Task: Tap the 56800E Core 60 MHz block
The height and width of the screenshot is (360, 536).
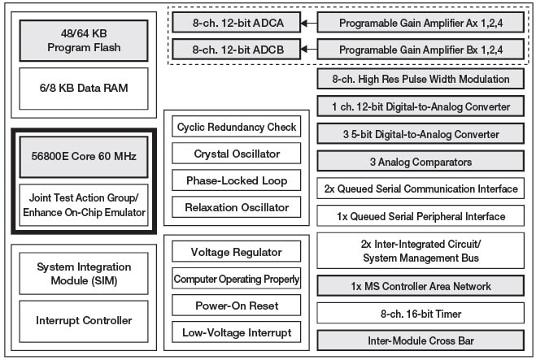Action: pyautogui.click(x=84, y=155)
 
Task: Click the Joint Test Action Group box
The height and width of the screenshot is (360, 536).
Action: pyautogui.click(x=84, y=204)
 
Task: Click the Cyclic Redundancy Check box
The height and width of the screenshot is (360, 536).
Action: pyautogui.click(x=236, y=127)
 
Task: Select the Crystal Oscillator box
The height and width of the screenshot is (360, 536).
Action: pyautogui.click(x=236, y=154)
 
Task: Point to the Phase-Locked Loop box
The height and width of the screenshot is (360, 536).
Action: pyautogui.click(x=236, y=180)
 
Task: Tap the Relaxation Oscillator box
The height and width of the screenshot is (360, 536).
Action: pyautogui.click(x=236, y=207)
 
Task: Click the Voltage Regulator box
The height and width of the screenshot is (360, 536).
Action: pyautogui.click(x=236, y=252)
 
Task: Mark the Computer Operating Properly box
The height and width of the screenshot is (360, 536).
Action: pyautogui.click(x=236, y=279)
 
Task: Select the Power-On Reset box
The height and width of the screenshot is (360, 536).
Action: pyautogui.click(x=236, y=306)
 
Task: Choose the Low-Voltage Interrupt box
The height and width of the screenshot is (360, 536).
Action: pyautogui.click(x=236, y=332)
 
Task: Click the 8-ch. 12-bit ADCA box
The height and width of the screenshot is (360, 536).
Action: pyautogui.click(x=234, y=23)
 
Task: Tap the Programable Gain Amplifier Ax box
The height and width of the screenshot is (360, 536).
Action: pyautogui.click(x=420, y=23)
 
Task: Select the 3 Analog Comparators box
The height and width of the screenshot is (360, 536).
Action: pyautogui.click(x=420, y=162)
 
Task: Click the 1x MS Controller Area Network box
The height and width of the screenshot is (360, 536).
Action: pyautogui.click(x=420, y=286)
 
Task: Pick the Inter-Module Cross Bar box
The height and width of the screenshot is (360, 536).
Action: pyautogui.click(x=420, y=340)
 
